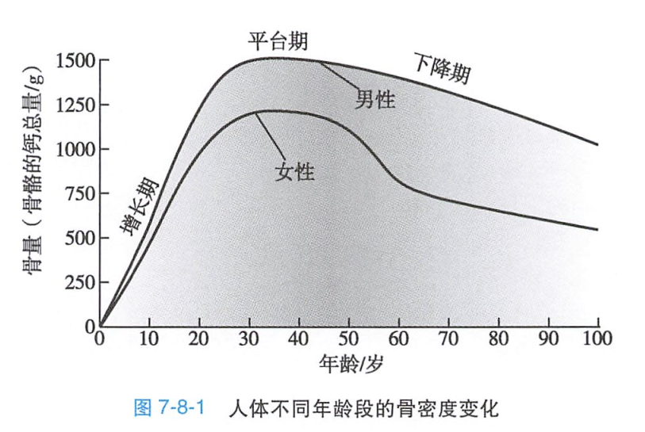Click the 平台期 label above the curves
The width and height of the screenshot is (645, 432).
click(x=279, y=40)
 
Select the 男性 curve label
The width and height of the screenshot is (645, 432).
click(x=374, y=99)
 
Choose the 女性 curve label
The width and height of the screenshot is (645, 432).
click(x=296, y=170)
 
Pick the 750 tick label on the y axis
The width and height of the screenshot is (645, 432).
click(x=79, y=193)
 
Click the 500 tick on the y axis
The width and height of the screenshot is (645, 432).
click(x=79, y=238)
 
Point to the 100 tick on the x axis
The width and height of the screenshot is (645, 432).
click(x=597, y=339)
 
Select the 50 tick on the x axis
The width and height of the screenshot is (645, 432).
click(x=348, y=339)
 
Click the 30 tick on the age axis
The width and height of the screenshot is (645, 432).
click(x=249, y=339)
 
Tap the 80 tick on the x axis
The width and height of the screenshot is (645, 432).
click(x=497, y=339)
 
